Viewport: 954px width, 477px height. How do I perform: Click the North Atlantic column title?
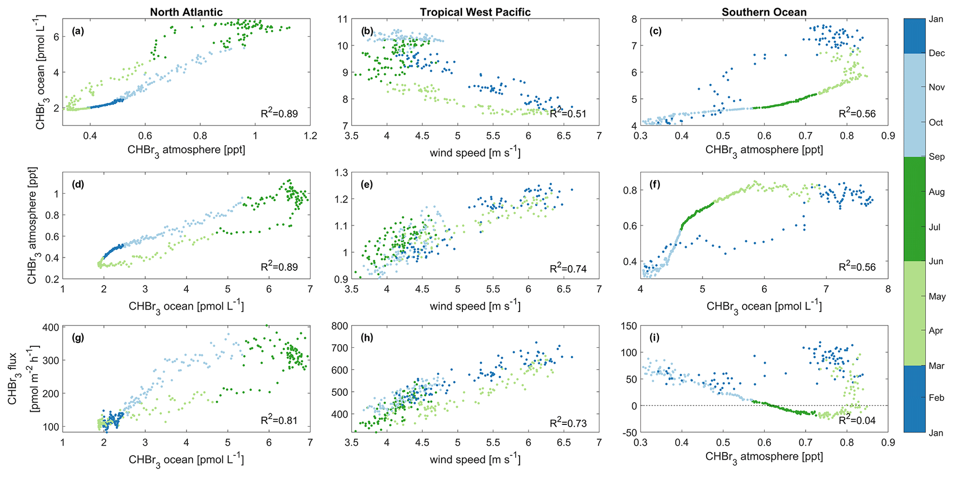(x=186, y=12)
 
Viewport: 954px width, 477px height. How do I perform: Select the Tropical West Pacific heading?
(x=475, y=12)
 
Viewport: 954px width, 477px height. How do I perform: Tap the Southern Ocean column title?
(x=764, y=12)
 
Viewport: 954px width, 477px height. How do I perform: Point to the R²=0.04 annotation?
(x=857, y=421)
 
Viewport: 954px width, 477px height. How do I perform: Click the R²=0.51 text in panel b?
(x=568, y=113)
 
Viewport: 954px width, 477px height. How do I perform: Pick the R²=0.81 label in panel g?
(x=279, y=421)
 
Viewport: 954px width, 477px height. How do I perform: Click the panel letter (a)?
(x=78, y=32)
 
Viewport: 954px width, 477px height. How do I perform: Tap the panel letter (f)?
(x=656, y=185)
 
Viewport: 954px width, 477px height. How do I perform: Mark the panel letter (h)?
(x=367, y=338)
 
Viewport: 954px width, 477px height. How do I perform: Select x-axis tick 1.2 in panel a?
(x=310, y=136)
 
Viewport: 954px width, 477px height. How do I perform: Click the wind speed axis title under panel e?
(x=475, y=306)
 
